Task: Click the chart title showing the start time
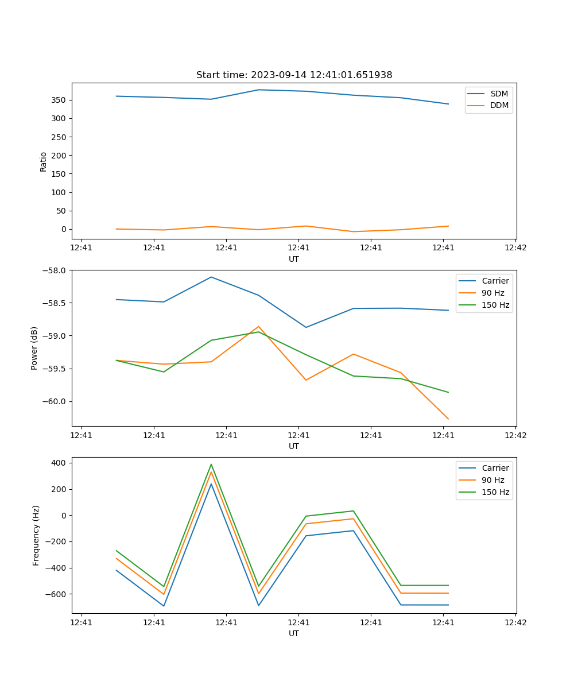coord(294,75)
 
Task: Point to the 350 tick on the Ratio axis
coord(60,100)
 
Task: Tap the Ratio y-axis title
coord(44,161)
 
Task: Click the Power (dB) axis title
coord(34,348)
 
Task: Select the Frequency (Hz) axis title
coord(36,535)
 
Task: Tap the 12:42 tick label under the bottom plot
coord(515,622)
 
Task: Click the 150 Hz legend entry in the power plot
coord(495,305)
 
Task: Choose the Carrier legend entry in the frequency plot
coord(495,468)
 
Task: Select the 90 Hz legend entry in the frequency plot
coord(492,480)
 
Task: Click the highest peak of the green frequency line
coord(211,465)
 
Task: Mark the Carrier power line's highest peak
coord(211,277)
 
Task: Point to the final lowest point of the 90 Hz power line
coord(448,419)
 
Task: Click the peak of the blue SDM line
coord(259,90)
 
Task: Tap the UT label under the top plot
coord(294,259)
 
